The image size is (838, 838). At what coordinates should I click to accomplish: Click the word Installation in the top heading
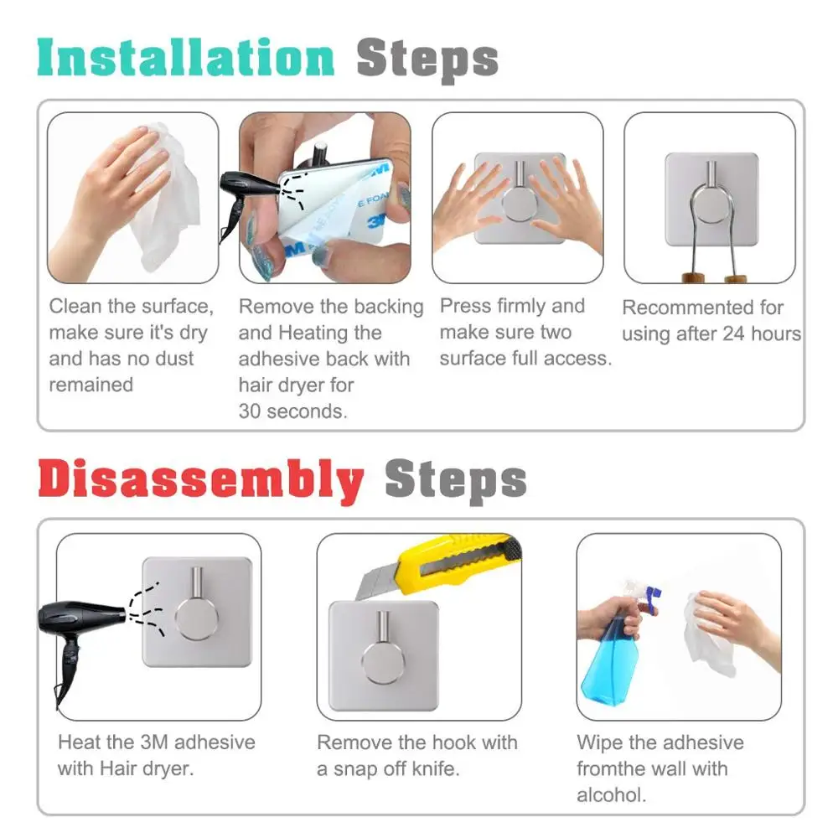pos(185,58)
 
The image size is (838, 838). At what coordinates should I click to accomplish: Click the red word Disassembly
pos(201,480)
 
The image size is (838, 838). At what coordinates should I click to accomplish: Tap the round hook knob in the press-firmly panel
pos(520,202)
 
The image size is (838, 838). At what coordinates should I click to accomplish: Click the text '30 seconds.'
pos(292,411)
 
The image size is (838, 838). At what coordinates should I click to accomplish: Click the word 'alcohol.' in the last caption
pos(612,794)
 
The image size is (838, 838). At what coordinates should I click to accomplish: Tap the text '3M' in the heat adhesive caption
pos(154,742)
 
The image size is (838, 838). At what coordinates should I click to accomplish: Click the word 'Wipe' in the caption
pos(600,742)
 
